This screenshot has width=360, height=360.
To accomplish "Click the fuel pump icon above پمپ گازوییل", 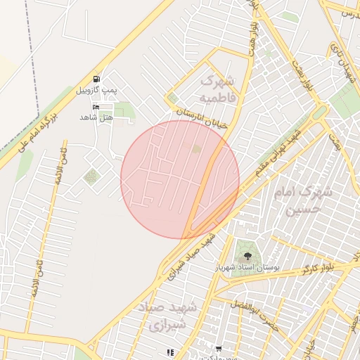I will point(96,79).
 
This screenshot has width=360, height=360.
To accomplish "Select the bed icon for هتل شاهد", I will point(96,106).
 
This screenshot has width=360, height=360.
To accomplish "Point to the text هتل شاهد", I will point(96,117).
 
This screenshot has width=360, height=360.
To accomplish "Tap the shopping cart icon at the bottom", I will point(219,349).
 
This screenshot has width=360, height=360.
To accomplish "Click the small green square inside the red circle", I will point(196,149).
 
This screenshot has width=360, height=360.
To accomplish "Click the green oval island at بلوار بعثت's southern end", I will point(320,113).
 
